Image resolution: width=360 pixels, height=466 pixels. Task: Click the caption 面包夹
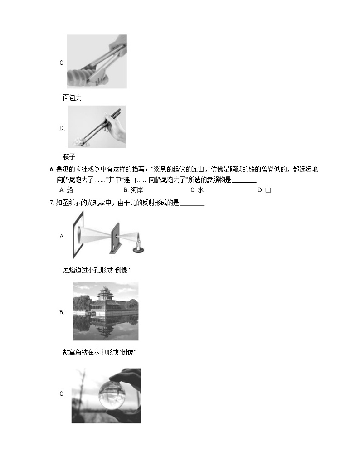[x=72, y=97]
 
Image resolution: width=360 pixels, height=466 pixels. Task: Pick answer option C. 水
[x=197, y=190]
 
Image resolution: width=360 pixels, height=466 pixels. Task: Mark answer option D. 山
[x=263, y=190]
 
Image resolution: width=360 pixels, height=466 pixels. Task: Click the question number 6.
[x=52, y=170]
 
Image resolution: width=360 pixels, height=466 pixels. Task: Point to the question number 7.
[x=52, y=203]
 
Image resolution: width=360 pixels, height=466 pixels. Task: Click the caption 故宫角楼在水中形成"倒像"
[x=100, y=352]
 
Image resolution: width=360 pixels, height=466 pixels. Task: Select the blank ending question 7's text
[x=192, y=203]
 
